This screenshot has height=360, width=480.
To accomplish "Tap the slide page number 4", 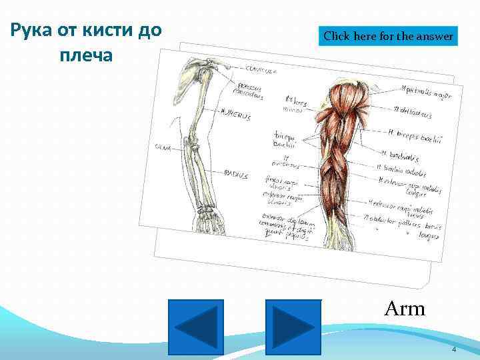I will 453,350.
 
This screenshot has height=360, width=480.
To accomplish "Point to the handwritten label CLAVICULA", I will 261,69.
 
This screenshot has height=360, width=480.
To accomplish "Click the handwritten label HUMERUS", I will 235,115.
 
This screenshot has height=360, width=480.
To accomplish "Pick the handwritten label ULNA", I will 163,147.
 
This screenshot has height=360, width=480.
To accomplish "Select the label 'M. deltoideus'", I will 414,111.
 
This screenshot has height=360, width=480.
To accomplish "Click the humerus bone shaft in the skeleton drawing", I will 198,113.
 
